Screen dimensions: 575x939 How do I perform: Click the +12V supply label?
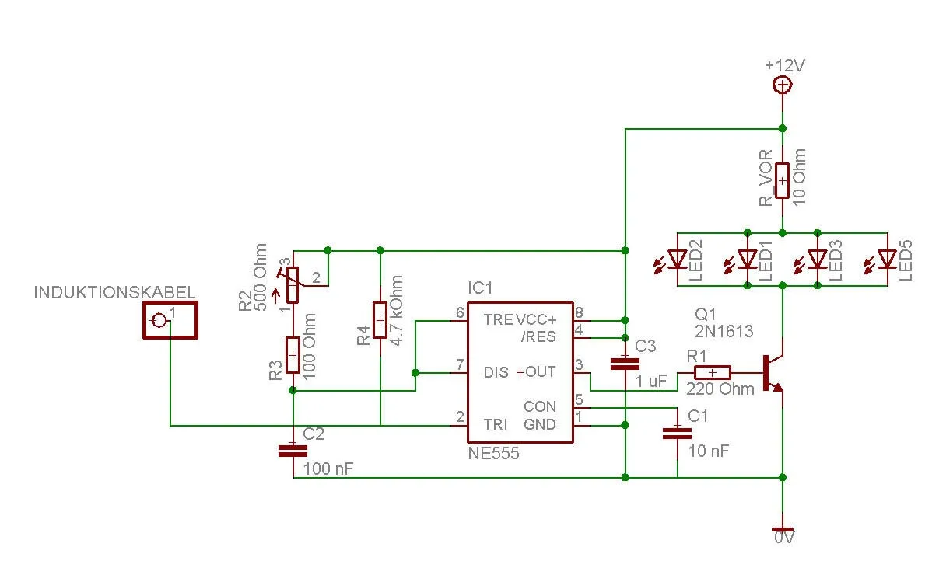click(x=784, y=65)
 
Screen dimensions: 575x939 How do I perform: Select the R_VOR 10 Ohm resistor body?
click(x=783, y=180)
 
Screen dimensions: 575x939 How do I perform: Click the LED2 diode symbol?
click(x=678, y=258)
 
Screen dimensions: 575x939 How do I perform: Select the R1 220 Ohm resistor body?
click(x=709, y=372)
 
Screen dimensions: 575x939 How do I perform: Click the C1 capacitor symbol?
click(x=677, y=432)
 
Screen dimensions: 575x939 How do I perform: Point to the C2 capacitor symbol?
click(x=293, y=448)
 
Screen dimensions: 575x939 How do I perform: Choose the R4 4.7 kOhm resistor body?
click(x=380, y=320)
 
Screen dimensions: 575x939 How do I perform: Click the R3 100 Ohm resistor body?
click(x=293, y=355)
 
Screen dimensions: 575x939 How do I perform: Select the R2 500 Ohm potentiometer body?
click(x=293, y=286)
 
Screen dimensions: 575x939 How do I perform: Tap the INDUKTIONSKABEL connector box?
click(x=169, y=319)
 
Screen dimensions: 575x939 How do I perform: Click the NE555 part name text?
click(x=493, y=453)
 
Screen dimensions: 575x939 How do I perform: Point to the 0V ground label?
click(x=783, y=537)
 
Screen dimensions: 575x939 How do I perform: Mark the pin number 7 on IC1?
click(x=460, y=364)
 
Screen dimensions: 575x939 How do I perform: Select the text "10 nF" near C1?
click(x=708, y=451)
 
